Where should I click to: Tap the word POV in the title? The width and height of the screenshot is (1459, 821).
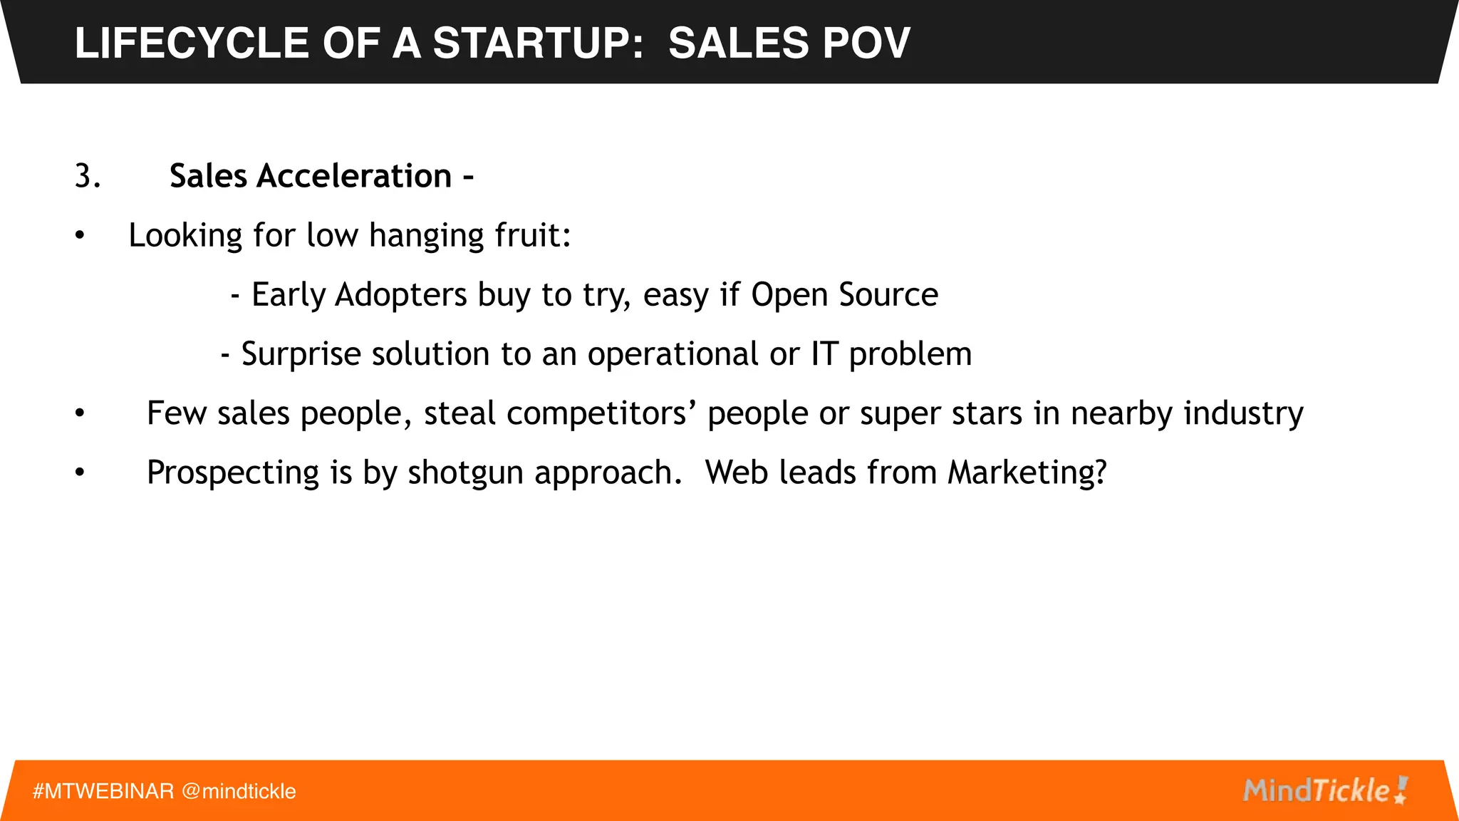pos(866,43)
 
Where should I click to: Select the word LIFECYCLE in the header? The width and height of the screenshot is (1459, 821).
pos(192,43)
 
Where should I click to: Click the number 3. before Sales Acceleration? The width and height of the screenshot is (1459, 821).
pos(88,176)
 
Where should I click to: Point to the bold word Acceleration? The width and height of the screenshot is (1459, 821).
pos(354,176)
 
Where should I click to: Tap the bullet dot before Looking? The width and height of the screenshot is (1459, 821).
pos(80,236)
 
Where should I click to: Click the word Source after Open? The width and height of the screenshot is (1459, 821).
pos(888,295)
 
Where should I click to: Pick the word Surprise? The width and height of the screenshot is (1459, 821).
pos(301,354)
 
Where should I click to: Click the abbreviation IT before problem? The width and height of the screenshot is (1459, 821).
pos(824,354)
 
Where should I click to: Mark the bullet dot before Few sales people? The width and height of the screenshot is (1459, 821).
pos(80,413)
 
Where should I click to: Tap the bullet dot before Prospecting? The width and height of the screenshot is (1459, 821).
pos(80,473)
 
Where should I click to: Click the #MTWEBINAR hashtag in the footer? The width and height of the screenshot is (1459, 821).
pos(103,791)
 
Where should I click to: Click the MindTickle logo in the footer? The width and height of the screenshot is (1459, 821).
pos(1325,790)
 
